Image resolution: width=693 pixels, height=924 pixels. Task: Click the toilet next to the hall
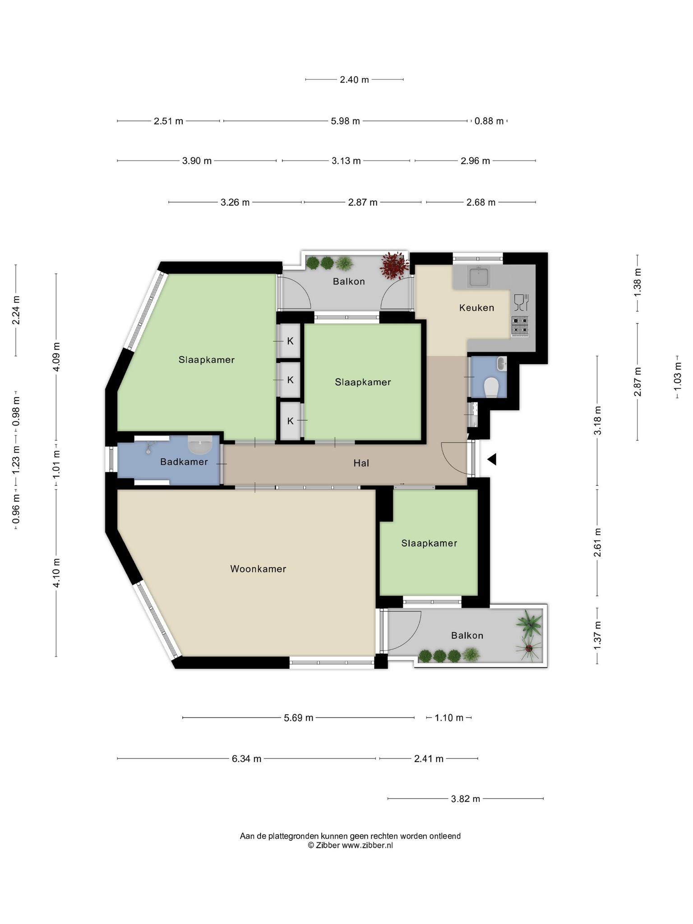point(491,387)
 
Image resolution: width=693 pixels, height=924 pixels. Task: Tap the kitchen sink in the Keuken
point(479,276)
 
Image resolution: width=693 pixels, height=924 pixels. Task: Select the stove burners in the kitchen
point(520,326)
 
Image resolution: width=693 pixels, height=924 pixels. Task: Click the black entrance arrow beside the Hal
point(492,459)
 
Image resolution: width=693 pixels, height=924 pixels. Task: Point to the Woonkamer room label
point(258,569)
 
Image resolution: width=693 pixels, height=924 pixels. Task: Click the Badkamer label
point(184,462)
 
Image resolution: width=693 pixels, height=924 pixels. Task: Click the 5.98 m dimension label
point(346,121)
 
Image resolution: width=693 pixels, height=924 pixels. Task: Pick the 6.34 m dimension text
point(246,758)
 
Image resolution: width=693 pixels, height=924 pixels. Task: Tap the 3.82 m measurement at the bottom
point(466,799)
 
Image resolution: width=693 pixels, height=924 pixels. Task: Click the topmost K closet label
point(290,341)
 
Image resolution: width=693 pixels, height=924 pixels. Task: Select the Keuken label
point(476,308)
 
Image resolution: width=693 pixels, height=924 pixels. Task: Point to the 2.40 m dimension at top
point(354,79)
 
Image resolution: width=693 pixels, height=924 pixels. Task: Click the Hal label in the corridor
point(361,463)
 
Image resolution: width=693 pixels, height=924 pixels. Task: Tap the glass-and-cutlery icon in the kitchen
point(521,302)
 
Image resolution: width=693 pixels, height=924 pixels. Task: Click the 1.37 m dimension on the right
point(597,635)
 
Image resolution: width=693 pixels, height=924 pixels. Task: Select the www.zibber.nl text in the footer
point(367,845)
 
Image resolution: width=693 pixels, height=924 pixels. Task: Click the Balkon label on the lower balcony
point(467,635)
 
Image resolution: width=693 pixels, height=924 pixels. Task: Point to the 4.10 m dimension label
point(56,573)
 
